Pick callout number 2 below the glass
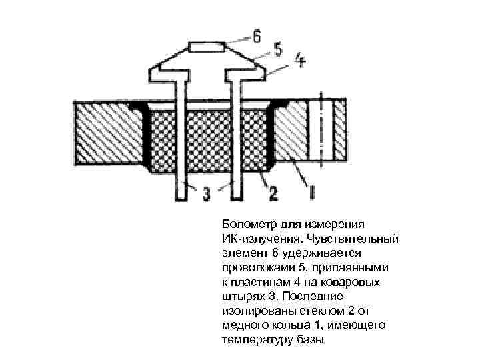pyautogui.click(x=273, y=193)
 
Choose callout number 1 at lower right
pyautogui.click(x=310, y=193)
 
